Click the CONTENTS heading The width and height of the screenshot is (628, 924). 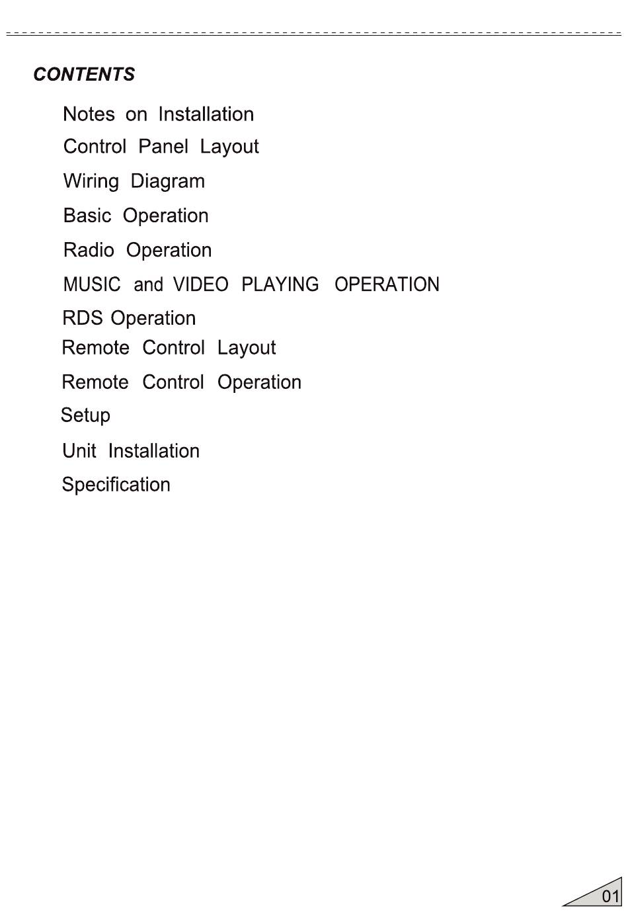pyautogui.click(x=84, y=74)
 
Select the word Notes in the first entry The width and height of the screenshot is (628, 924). pyautogui.click(x=89, y=114)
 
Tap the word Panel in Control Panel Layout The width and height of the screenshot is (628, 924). pyautogui.click(x=163, y=146)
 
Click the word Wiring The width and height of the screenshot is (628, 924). pyautogui.click(x=91, y=181)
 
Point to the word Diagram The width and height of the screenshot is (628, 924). pyautogui.click(x=168, y=181)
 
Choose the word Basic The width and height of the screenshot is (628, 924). pyautogui.click(x=87, y=216)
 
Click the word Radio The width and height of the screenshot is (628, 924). pyautogui.click(x=89, y=250)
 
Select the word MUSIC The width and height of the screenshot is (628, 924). pyautogui.click(x=92, y=284)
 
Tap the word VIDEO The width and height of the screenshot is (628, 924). pyautogui.click(x=200, y=284)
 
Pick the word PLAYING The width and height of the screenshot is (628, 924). pyautogui.click(x=280, y=284)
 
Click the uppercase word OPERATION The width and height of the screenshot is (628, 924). pyautogui.click(x=387, y=284)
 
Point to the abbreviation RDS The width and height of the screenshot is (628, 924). pyautogui.click(x=83, y=318)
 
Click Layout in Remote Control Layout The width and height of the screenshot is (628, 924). pyautogui.click(x=247, y=348)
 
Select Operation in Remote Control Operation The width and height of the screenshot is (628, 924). pyautogui.click(x=259, y=382)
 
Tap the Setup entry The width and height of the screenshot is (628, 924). pyautogui.click(x=85, y=416)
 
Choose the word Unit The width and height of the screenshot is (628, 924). pyautogui.click(x=79, y=451)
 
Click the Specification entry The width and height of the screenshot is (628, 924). pyautogui.click(x=116, y=485)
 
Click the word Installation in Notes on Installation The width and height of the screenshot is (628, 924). pyautogui.click(x=206, y=114)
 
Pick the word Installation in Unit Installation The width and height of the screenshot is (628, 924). pyautogui.click(x=153, y=451)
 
